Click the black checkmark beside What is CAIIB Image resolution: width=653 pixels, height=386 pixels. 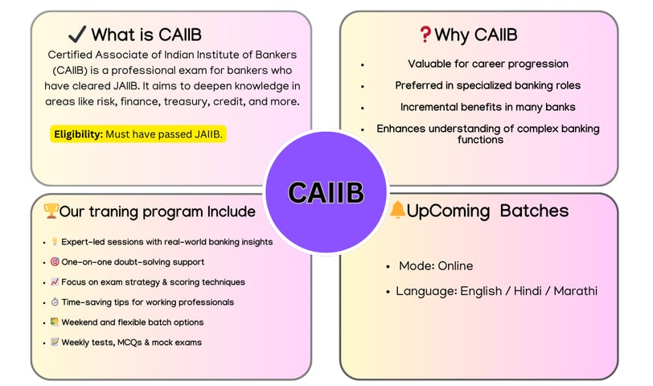point(77,34)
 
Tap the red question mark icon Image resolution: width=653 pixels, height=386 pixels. point(425,34)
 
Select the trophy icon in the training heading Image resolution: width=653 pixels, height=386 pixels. point(51,211)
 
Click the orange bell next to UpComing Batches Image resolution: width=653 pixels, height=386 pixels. point(397,209)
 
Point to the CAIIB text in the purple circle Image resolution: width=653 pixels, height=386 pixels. point(326,193)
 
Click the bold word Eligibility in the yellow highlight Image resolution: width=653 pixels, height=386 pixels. point(78,134)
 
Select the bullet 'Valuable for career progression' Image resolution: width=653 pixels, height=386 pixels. point(488,64)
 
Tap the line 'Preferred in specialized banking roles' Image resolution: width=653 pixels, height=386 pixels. point(487,85)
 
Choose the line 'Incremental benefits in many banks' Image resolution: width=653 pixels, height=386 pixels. point(487,107)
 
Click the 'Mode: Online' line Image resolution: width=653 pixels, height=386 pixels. point(436,265)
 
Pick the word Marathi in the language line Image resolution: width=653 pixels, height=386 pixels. point(576,290)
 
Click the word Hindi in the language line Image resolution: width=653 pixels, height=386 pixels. point(528,290)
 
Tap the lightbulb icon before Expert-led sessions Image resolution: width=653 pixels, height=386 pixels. point(55,241)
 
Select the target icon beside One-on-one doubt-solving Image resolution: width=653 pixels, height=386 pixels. point(55,261)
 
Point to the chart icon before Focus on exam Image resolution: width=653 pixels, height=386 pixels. point(55,281)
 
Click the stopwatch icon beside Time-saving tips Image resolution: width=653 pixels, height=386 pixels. point(55,302)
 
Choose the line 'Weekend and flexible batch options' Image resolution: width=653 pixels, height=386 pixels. point(133,322)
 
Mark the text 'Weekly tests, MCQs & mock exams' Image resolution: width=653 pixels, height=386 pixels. point(132,343)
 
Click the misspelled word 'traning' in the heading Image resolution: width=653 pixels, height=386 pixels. point(113,211)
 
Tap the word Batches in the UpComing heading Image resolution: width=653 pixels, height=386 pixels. point(534,211)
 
